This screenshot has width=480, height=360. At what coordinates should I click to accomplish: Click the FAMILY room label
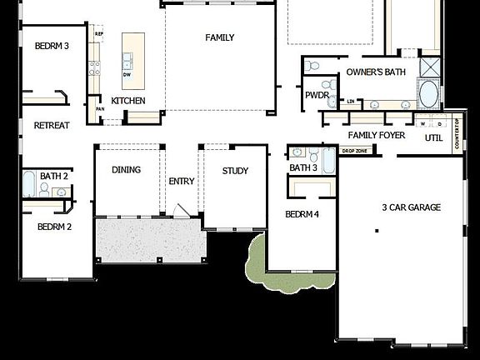[220, 37]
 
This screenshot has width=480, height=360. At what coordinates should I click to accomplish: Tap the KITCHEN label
[128, 101]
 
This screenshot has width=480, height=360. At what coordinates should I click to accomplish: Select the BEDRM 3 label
[52, 47]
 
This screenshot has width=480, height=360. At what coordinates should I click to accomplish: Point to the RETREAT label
[52, 126]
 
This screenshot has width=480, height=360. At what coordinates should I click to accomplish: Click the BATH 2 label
[54, 177]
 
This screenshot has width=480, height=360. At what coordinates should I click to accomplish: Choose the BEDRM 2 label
[53, 227]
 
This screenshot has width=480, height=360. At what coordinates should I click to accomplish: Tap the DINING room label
[126, 170]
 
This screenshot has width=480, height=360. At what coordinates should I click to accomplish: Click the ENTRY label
[182, 182]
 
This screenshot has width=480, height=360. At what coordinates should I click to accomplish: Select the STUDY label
[235, 171]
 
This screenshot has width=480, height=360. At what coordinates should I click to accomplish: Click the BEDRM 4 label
[302, 214]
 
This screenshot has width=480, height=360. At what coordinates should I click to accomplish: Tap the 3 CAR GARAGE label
[411, 207]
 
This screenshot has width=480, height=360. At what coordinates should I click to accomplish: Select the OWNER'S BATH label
[376, 72]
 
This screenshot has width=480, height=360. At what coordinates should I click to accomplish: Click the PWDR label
[317, 96]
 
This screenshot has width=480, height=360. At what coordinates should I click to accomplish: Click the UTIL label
[433, 138]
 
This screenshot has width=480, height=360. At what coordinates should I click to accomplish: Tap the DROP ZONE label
[354, 151]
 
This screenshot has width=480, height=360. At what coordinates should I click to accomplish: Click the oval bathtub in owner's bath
[428, 93]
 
